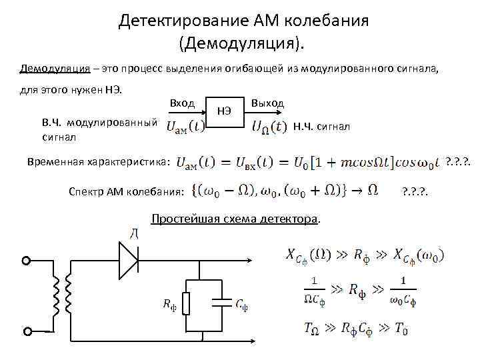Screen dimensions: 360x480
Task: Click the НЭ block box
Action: click(225, 111)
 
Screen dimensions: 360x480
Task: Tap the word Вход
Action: click(182, 103)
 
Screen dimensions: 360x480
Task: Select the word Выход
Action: click(268, 103)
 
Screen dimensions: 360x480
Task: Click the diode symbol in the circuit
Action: click(127, 255)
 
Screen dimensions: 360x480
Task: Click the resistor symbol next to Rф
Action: click(188, 303)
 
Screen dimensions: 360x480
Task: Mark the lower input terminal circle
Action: click(28, 331)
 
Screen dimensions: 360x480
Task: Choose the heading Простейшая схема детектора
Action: click(235, 219)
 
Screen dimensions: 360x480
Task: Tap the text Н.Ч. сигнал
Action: click(321, 126)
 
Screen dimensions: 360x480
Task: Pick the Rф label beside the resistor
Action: click(171, 305)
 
